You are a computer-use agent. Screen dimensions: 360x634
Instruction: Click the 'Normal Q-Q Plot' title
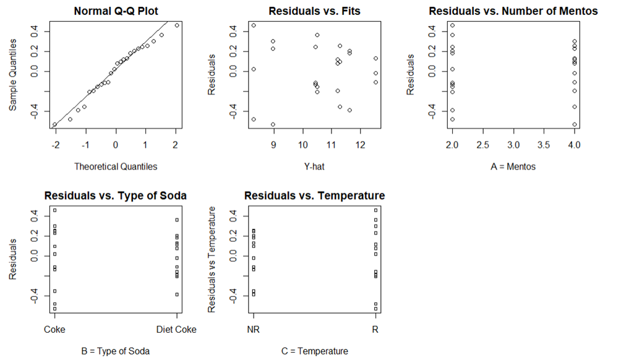coord(116,11)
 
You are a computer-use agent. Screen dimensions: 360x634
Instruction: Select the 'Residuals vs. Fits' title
coord(314,11)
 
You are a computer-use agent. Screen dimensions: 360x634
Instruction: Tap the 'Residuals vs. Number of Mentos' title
coord(513,11)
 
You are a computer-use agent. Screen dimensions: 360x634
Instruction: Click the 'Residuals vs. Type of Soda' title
coord(116,195)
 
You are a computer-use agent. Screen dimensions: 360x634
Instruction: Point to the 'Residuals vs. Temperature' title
coord(314,195)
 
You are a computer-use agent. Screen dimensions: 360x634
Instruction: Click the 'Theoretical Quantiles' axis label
coord(116,166)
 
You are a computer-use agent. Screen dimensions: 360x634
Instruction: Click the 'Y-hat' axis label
coord(314,166)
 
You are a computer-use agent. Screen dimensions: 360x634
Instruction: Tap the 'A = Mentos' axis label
coord(513,166)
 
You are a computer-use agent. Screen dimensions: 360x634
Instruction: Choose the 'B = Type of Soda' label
coord(116,351)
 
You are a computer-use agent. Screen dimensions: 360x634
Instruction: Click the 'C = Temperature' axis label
coord(314,351)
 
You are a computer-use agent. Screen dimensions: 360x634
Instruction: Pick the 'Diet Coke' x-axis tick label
coord(176,330)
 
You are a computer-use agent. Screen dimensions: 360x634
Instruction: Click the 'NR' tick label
coord(254,330)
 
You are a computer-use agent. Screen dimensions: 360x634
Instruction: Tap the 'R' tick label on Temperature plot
coord(375,330)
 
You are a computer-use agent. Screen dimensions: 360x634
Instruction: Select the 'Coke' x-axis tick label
coord(54,330)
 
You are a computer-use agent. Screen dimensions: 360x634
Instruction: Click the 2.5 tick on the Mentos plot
coord(482,145)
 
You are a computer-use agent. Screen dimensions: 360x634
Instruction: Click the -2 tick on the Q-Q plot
coord(56,145)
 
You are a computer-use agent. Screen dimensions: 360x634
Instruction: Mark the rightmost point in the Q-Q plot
coord(177,25)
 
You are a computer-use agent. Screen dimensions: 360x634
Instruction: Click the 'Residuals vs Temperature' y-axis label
coord(212,259)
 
